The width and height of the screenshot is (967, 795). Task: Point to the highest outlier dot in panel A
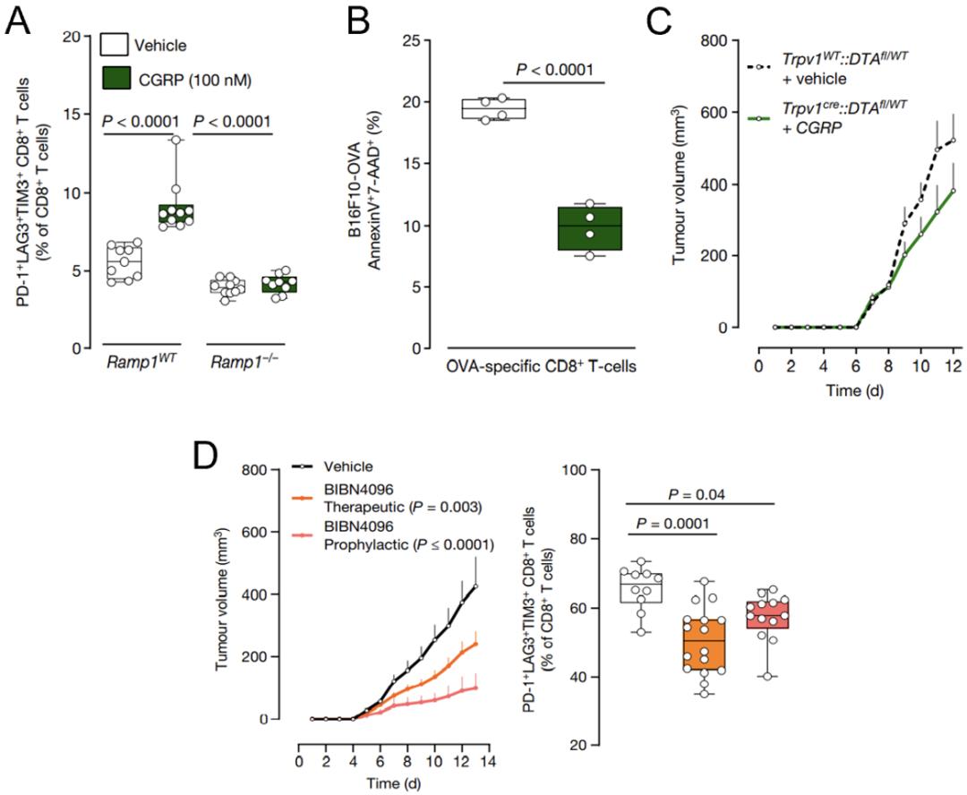tap(176, 140)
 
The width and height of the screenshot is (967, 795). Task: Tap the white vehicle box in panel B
tap(492, 108)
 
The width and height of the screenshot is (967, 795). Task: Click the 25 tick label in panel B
tap(411, 40)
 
